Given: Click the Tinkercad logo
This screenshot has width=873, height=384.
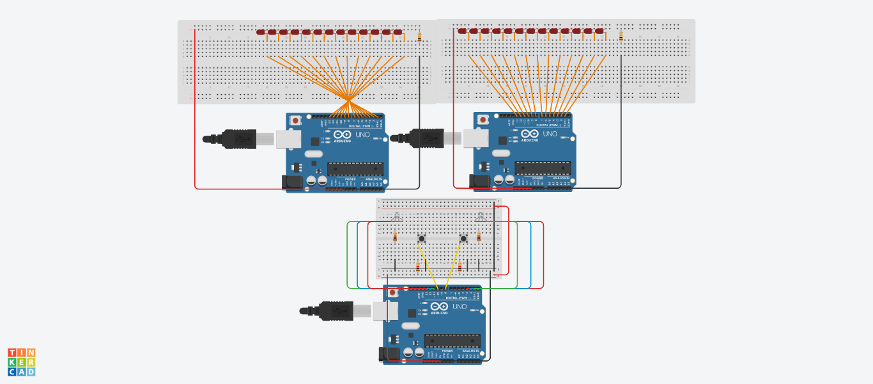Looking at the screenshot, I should pos(21,362).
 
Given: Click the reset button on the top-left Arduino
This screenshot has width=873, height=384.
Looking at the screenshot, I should pos(296,120).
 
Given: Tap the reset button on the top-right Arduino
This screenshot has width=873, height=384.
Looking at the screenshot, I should pos(483,120).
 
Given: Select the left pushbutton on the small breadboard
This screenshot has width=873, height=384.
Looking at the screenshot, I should pos(421,239).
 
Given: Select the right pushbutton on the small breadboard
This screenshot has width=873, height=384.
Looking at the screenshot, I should pos(463,239).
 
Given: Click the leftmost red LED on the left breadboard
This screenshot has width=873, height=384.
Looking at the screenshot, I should pos(261,32).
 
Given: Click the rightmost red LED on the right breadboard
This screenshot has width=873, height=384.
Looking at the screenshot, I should pos(599,31).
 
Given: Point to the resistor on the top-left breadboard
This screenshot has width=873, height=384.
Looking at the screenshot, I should pos(419,37).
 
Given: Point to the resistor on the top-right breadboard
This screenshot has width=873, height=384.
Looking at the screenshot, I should pos(621,36).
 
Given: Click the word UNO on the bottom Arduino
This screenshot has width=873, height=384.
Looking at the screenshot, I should pos(460,307).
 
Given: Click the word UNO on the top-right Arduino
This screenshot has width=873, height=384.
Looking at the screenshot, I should pos(550,134).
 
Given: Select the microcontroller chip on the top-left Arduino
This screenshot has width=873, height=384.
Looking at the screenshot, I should pos(355,168).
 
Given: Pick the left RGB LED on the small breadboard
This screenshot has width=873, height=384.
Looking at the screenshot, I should pos(396,217).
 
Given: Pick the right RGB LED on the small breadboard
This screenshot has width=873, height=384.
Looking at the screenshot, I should pos(479,217).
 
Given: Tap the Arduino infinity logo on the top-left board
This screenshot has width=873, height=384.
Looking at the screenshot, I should pos(342,134).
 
